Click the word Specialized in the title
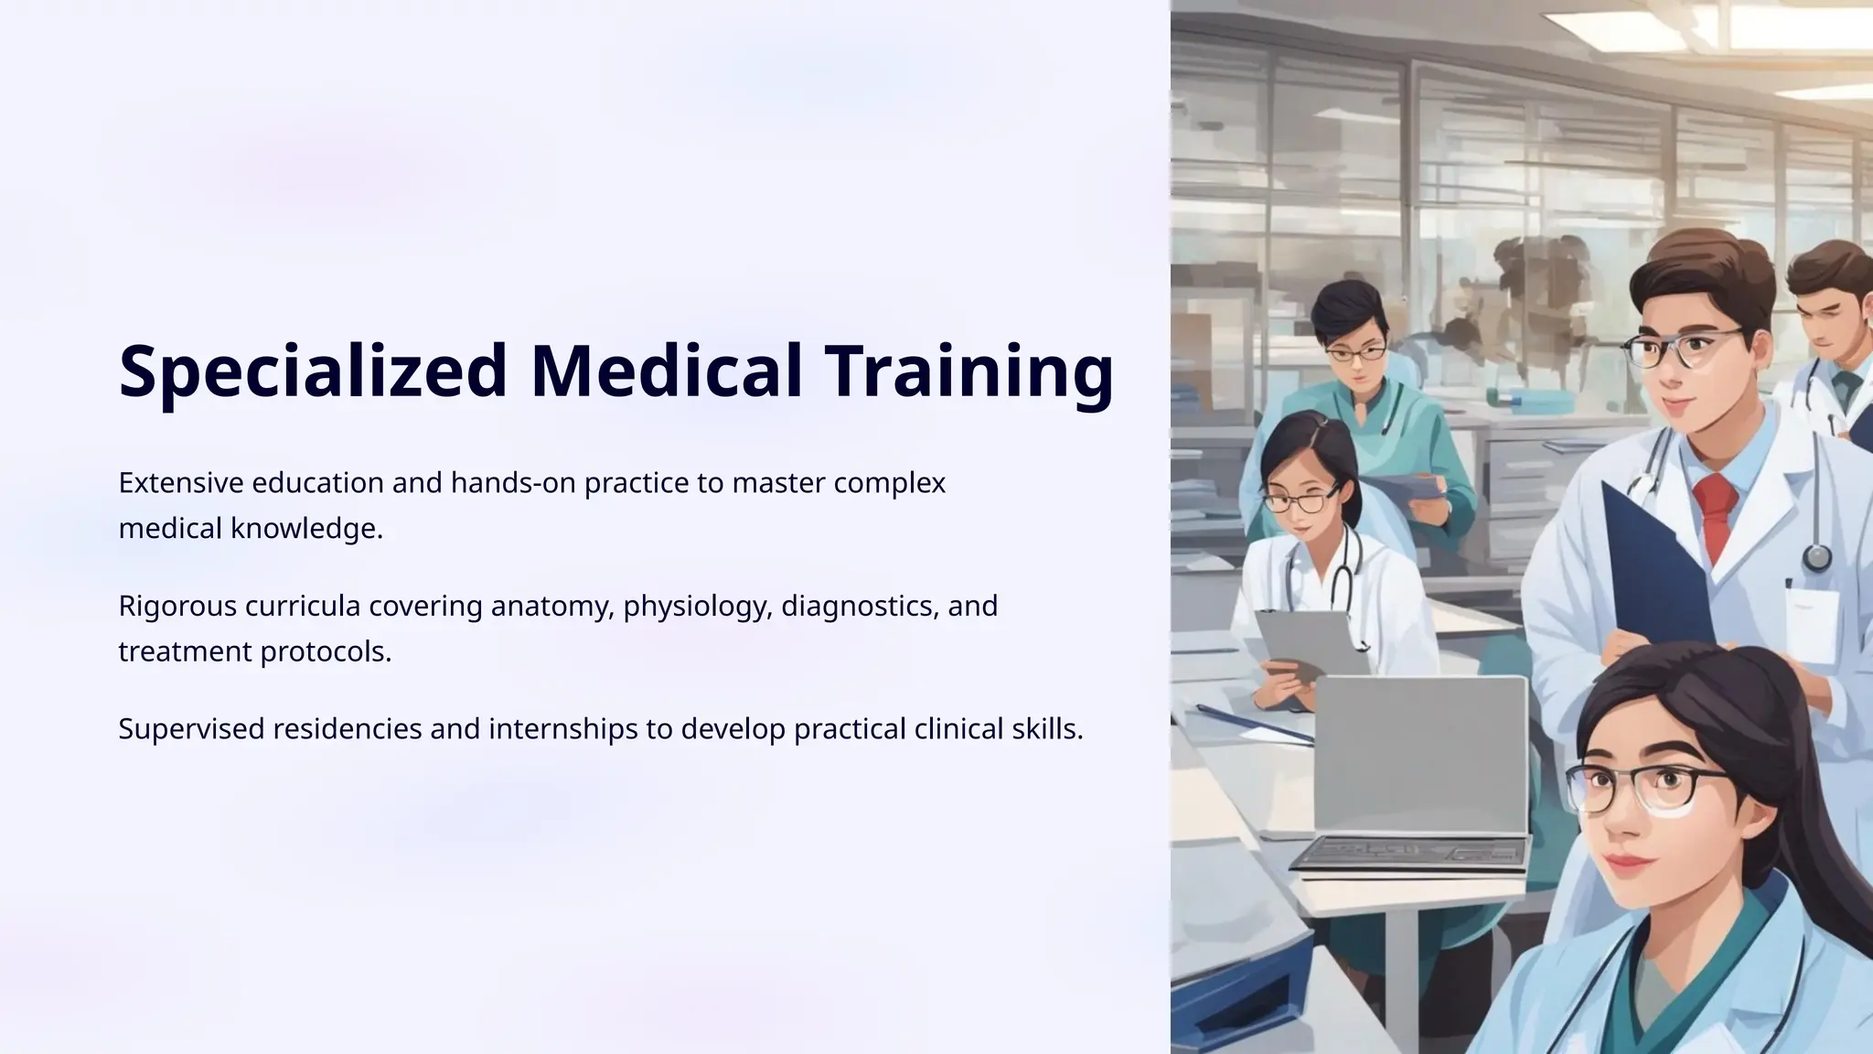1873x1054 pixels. click(x=312, y=371)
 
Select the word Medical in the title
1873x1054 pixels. click(x=667, y=371)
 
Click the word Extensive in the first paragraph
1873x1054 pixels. click(x=180, y=483)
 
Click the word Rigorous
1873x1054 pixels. click(x=177, y=607)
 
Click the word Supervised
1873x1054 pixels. click(x=191, y=729)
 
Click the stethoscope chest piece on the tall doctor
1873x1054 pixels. click(x=1816, y=555)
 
